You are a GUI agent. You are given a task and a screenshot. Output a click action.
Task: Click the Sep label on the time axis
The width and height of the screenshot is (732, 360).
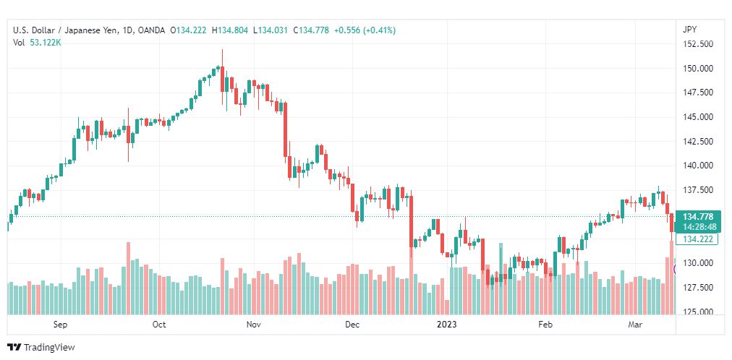[60, 325]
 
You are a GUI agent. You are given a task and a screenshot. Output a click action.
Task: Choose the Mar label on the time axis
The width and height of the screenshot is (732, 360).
[635, 325]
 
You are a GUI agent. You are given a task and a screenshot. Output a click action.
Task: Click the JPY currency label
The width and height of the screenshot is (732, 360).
[689, 30]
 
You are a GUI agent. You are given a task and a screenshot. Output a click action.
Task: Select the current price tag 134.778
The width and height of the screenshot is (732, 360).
[697, 217]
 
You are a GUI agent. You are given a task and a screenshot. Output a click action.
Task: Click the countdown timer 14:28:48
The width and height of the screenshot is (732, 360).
[697, 227]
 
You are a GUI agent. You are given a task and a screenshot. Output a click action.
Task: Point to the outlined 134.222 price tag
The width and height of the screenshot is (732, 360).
[697, 239]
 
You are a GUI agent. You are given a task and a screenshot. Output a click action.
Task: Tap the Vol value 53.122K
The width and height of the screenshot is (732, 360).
[46, 43]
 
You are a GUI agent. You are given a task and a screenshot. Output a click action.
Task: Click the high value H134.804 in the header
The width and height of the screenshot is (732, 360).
[231, 31]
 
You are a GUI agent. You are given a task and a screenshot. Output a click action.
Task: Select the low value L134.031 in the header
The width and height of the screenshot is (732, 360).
[271, 31]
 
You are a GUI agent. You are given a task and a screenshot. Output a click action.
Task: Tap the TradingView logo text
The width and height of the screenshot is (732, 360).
[49, 348]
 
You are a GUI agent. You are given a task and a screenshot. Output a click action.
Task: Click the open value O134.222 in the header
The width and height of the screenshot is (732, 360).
[189, 31]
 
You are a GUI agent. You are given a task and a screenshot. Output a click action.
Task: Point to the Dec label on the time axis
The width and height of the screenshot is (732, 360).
[352, 325]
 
